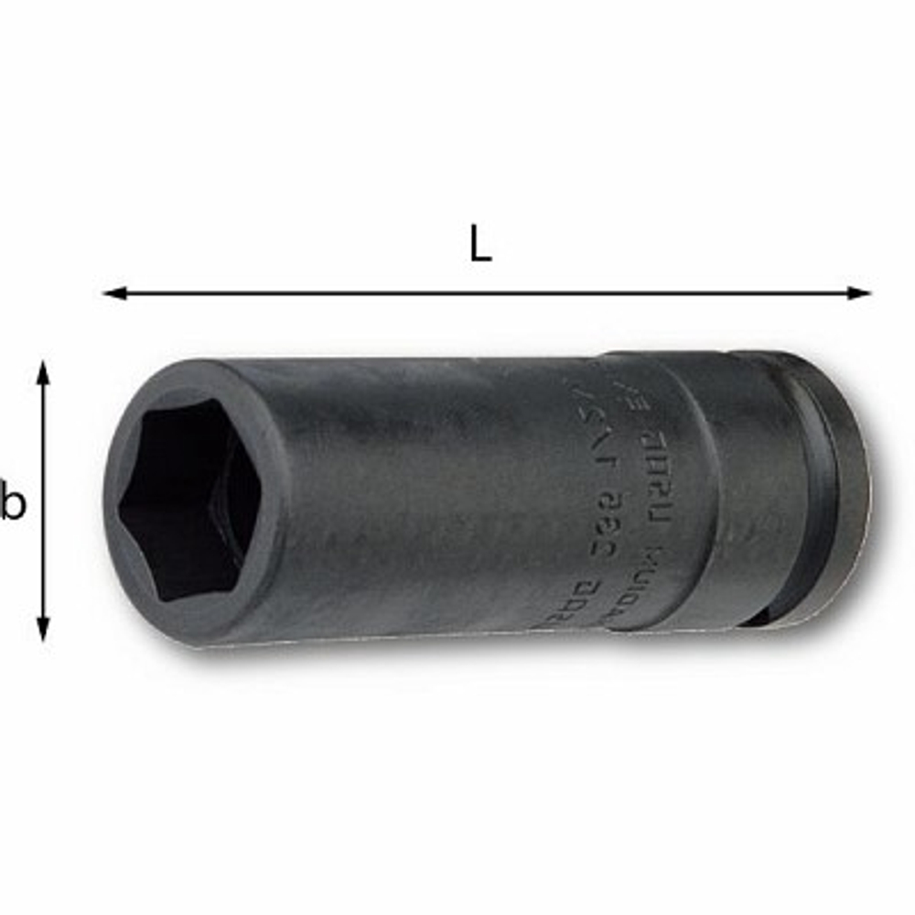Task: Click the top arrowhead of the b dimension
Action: click(42, 371)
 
